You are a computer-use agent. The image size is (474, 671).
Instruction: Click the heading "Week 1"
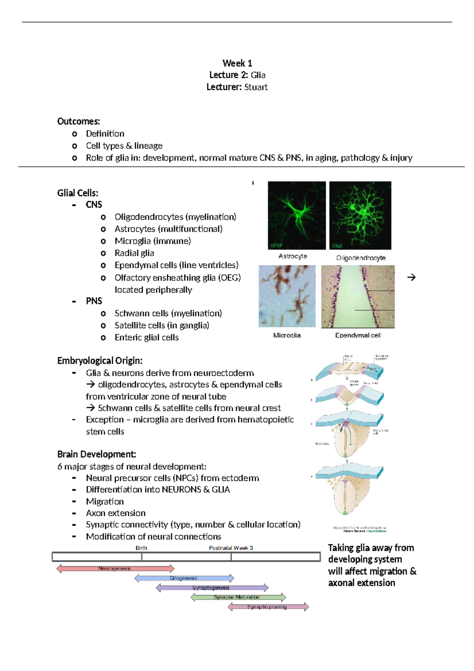click(x=237, y=63)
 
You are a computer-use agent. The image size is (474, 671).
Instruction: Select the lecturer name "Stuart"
click(x=256, y=87)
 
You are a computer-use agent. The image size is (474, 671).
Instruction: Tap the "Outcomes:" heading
click(x=79, y=121)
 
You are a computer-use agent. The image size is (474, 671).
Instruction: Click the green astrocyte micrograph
click(x=297, y=215)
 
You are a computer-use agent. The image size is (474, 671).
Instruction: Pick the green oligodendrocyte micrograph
click(x=360, y=215)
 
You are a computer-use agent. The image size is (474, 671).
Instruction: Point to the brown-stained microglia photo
click(x=287, y=296)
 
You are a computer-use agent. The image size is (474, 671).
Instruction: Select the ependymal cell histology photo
click(x=358, y=296)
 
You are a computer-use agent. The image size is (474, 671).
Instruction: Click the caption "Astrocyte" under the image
click(x=293, y=256)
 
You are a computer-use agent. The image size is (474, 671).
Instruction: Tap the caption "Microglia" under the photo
click(x=287, y=335)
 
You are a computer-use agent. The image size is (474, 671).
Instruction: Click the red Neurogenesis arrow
click(x=115, y=569)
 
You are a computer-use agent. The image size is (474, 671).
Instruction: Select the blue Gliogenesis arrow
click(x=184, y=578)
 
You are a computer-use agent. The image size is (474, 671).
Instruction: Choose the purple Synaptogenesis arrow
click(x=212, y=588)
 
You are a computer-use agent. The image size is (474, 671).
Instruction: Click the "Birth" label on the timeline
click(x=141, y=548)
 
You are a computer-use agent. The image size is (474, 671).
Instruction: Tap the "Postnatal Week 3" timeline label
click(x=231, y=548)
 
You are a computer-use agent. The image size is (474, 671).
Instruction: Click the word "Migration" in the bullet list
click(x=105, y=501)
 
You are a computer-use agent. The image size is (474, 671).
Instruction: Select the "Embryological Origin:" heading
click(x=100, y=360)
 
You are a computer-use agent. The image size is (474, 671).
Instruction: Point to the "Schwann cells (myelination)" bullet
click(x=168, y=313)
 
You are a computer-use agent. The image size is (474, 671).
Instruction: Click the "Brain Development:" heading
click(x=97, y=454)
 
